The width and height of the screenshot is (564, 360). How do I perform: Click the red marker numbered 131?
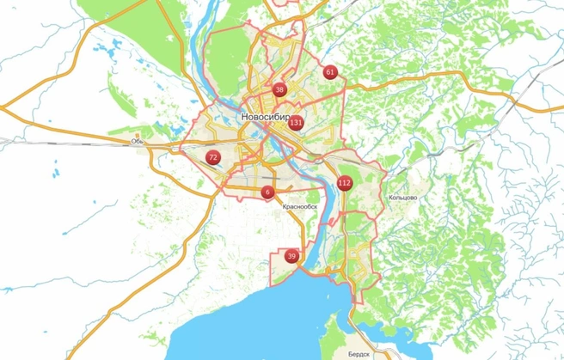click(x=295, y=123)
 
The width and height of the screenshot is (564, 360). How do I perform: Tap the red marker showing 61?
click(x=330, y=72)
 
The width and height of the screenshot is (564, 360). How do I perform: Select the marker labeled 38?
click(x=279, y=89)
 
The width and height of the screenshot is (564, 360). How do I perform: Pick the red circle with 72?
click(x=212, y=157)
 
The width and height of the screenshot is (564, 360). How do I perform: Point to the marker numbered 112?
click(x=345, y=183)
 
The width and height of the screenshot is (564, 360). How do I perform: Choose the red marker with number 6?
click(x=268, y=192)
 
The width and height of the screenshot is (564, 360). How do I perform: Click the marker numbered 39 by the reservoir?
click(x=292, y=256)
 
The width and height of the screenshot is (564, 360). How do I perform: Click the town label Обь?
click(x=137, y=141)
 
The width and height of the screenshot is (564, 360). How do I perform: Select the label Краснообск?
click(x=299, y=206)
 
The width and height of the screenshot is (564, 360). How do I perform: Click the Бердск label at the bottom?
click(x=360, y=353)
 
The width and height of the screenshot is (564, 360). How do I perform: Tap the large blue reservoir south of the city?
click(x=258, y=318)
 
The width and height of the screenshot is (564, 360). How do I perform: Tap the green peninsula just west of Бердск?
click(x=327, y=348)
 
